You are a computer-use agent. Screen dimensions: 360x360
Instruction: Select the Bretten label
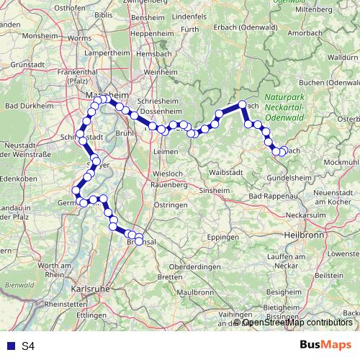coord(169,276)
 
